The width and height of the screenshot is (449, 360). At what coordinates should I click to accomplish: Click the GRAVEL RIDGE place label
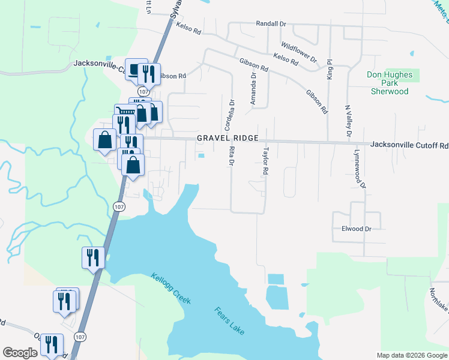coord(227,139)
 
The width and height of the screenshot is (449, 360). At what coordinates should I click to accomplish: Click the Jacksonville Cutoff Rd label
coord(409,145)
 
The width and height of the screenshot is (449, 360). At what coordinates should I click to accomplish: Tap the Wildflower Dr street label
coord(299,52)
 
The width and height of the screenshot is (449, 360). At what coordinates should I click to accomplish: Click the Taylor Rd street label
coord(264,161)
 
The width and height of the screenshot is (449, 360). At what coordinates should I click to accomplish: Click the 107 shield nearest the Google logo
coord(79,337)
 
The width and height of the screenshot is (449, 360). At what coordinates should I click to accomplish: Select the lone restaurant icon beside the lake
coord(93,257)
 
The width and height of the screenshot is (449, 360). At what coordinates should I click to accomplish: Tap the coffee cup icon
coord(135,68)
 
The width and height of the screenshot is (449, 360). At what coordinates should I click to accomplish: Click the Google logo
coord(20,353)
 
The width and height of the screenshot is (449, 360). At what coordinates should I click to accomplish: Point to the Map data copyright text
coord(411,355)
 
